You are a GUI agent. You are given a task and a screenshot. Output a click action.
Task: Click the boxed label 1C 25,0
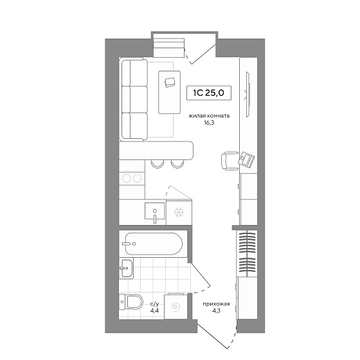tap(209, 93)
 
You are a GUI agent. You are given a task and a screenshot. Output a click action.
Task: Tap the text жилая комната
tap(209, 116)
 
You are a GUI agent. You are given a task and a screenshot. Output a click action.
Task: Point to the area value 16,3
tap(209, 123)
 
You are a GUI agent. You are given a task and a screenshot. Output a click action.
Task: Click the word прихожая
tap(216, 304)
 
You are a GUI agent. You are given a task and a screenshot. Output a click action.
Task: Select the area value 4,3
tap(216, 311)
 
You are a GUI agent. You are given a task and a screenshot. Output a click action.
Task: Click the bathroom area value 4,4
tap(154, 311)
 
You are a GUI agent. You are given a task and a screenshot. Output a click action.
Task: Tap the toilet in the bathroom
tap(131, 302)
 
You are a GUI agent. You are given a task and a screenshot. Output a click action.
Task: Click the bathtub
tap(154, 244)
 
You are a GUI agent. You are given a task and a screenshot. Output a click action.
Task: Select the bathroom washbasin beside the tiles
tap(126, 268)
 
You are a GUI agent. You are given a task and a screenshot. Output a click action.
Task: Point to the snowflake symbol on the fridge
tap(179, 212)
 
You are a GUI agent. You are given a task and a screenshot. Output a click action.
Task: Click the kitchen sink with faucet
tap(155, 212)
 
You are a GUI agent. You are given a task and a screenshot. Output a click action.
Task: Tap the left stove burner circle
tap(127, 179)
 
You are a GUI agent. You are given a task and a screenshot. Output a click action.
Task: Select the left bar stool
tap(157, 164)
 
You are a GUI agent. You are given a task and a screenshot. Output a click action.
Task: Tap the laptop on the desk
tap(246, 159)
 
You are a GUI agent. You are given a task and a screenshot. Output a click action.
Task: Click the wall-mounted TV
tap(248, 94)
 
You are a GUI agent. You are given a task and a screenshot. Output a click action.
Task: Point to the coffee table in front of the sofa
tap(169, 92)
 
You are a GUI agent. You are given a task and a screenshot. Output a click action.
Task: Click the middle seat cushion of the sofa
tap(134, 99)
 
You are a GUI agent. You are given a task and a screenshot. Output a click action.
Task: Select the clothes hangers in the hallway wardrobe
tap(248, 254)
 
